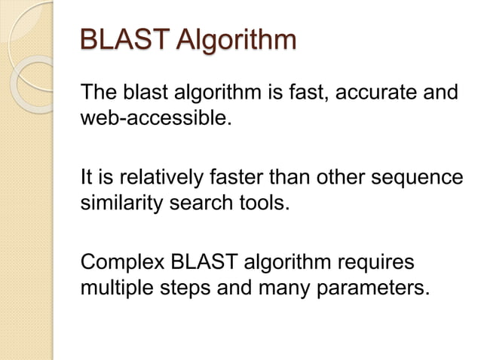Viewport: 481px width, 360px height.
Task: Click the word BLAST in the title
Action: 124,41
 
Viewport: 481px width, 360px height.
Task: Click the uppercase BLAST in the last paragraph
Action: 201,265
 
